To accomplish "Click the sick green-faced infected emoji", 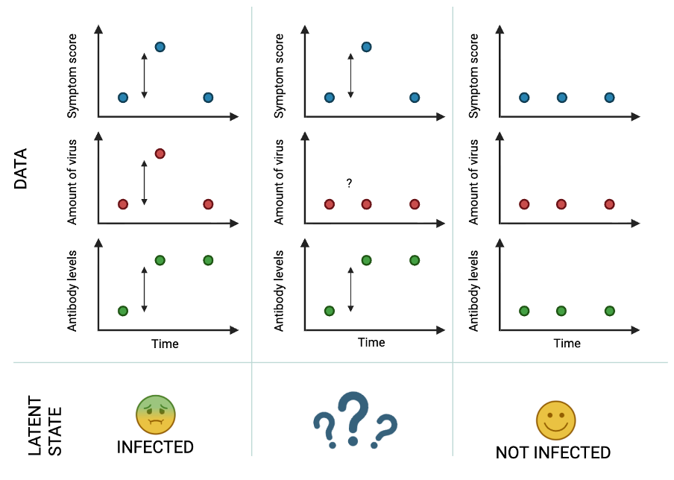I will point(155,415).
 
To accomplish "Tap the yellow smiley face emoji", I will point(555,420).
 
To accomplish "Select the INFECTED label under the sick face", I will point(155,447).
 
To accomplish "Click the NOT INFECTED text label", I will point(552,452).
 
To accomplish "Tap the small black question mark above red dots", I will point(349,183).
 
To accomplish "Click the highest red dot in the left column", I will point(160,154).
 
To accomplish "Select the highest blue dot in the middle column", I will point(366,47).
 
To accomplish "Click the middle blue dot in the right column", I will point(562,98).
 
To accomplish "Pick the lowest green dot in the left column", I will point(123,310).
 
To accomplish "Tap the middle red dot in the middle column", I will point(366,204).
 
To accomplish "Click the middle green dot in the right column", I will point(562,311).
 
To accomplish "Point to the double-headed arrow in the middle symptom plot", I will point(350,75).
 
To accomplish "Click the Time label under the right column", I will point(567,344).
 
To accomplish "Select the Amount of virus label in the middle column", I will point(280,182).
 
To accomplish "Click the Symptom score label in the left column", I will point(72,75).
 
